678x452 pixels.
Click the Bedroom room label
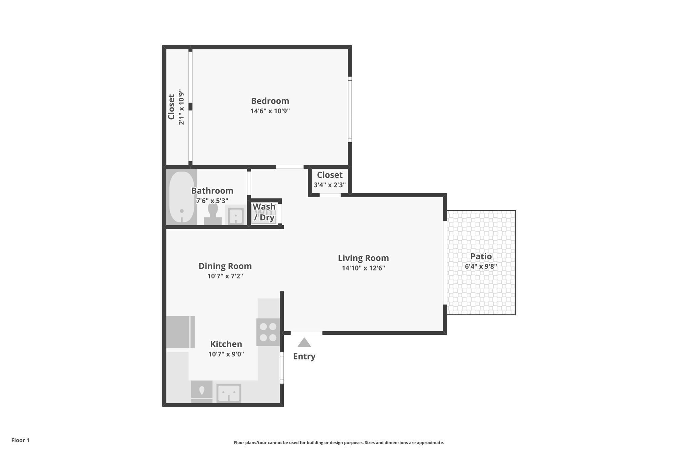(x=270, y=101)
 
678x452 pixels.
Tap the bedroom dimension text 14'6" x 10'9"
(x=270, y=111)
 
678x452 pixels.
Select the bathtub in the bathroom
(x=182, y=197)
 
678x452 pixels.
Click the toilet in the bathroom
(x=213, y=214)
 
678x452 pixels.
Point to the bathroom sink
(x=236, y=215)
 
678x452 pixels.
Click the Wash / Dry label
(x=264, y=212)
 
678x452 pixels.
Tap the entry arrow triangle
(x=304, y=343)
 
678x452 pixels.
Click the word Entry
(x=304, y=356)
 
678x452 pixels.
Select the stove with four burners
(x=268, y=332)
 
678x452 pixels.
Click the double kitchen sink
(x=229, y=393)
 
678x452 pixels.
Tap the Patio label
(x=481, y=256)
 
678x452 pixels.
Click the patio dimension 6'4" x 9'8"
(x=481, y=267)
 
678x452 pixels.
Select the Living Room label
(x=363, y=258)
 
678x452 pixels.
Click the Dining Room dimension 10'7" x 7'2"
(x=225, y=276)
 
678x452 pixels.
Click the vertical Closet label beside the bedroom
(x=172, y=107)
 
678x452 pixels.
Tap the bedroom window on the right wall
(x=350, y=109)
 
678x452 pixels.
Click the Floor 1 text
(x=20, y=440)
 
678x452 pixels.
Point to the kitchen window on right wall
(x=282, y=368)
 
